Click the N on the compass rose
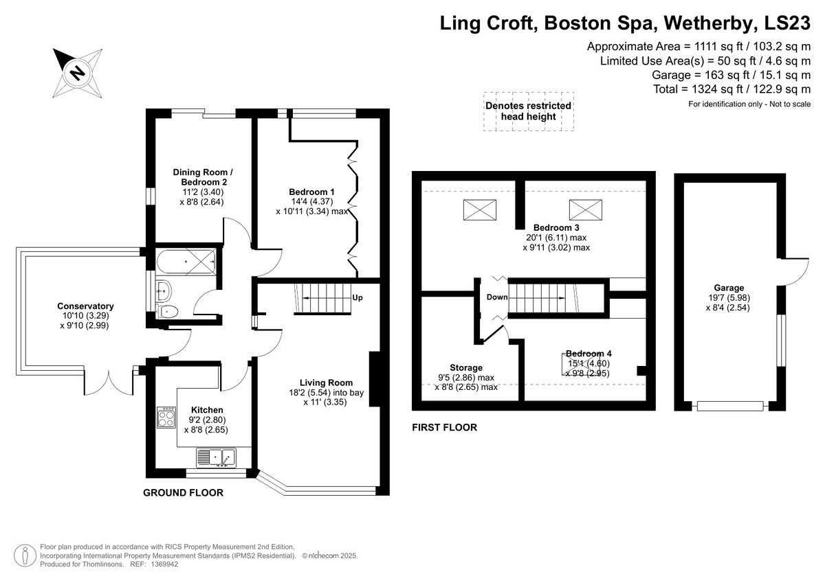[x=78, y=73]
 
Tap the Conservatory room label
[x=85, y=306]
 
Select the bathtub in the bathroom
[x=186, y=261]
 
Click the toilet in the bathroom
[x=168, y=311]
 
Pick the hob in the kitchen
[x=166, y=417]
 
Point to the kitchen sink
[x=216, y=458]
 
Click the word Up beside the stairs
[x=357, y=297]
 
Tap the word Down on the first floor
[x=497, y=297]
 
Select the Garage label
[x=729, y=288]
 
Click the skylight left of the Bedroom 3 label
[x=480, y=210]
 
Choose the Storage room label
[x=466, y=368]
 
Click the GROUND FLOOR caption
[x=183, y=493]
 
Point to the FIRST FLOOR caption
[x=445, y=427]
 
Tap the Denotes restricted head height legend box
[x=529, y=111]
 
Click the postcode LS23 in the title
[x=787, y=23]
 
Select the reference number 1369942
[x=164, y=564]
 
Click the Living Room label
[x=326, y=383]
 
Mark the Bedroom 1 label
[x=311, y=192]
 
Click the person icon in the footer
[x=25, y=556]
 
